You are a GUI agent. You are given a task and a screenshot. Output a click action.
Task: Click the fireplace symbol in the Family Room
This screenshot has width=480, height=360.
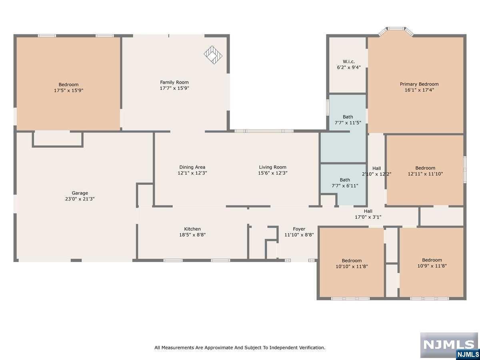click(213, 55)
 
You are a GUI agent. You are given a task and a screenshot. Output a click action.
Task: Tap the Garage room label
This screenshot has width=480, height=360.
click(80, 193)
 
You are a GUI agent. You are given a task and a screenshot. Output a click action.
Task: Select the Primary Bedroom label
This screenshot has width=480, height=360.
click(419, 84)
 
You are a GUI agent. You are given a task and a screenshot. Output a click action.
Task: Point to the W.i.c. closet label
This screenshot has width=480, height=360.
click(348, 62)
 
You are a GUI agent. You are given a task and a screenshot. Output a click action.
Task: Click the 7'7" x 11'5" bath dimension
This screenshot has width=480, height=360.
click(348, 123)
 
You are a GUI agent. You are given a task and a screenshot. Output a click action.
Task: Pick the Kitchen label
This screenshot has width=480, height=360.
click(192, 229)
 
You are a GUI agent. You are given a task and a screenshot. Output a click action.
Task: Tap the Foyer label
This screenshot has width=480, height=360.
click(299, 229)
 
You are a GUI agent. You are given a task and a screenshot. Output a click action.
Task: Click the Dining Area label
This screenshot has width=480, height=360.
click(192, 167)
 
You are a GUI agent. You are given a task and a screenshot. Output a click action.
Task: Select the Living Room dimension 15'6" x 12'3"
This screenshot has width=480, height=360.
click(273, 173)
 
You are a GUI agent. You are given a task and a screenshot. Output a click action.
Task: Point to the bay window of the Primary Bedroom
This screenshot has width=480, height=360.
click(396, 32)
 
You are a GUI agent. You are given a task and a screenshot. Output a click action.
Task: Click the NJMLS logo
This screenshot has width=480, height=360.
click(449, 345)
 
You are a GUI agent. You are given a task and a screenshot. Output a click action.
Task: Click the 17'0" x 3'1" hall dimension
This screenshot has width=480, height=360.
click(368, 217)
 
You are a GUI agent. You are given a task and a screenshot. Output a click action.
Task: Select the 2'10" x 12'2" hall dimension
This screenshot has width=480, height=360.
click(376, 174)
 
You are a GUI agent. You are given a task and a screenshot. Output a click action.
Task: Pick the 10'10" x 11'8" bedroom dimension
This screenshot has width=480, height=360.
click(352, 266)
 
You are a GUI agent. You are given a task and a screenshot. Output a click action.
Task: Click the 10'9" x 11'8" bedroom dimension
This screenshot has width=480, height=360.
click(432, 266)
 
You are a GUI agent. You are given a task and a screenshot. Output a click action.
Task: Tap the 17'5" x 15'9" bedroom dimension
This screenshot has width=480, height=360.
click(69, 90)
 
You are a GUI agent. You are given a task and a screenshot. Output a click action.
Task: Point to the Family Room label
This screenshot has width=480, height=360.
click(174, 82)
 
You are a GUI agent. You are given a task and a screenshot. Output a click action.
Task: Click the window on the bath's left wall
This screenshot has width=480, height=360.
click(328, 108)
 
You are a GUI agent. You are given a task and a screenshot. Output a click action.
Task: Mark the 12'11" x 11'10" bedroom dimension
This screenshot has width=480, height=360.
click(425, 174)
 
